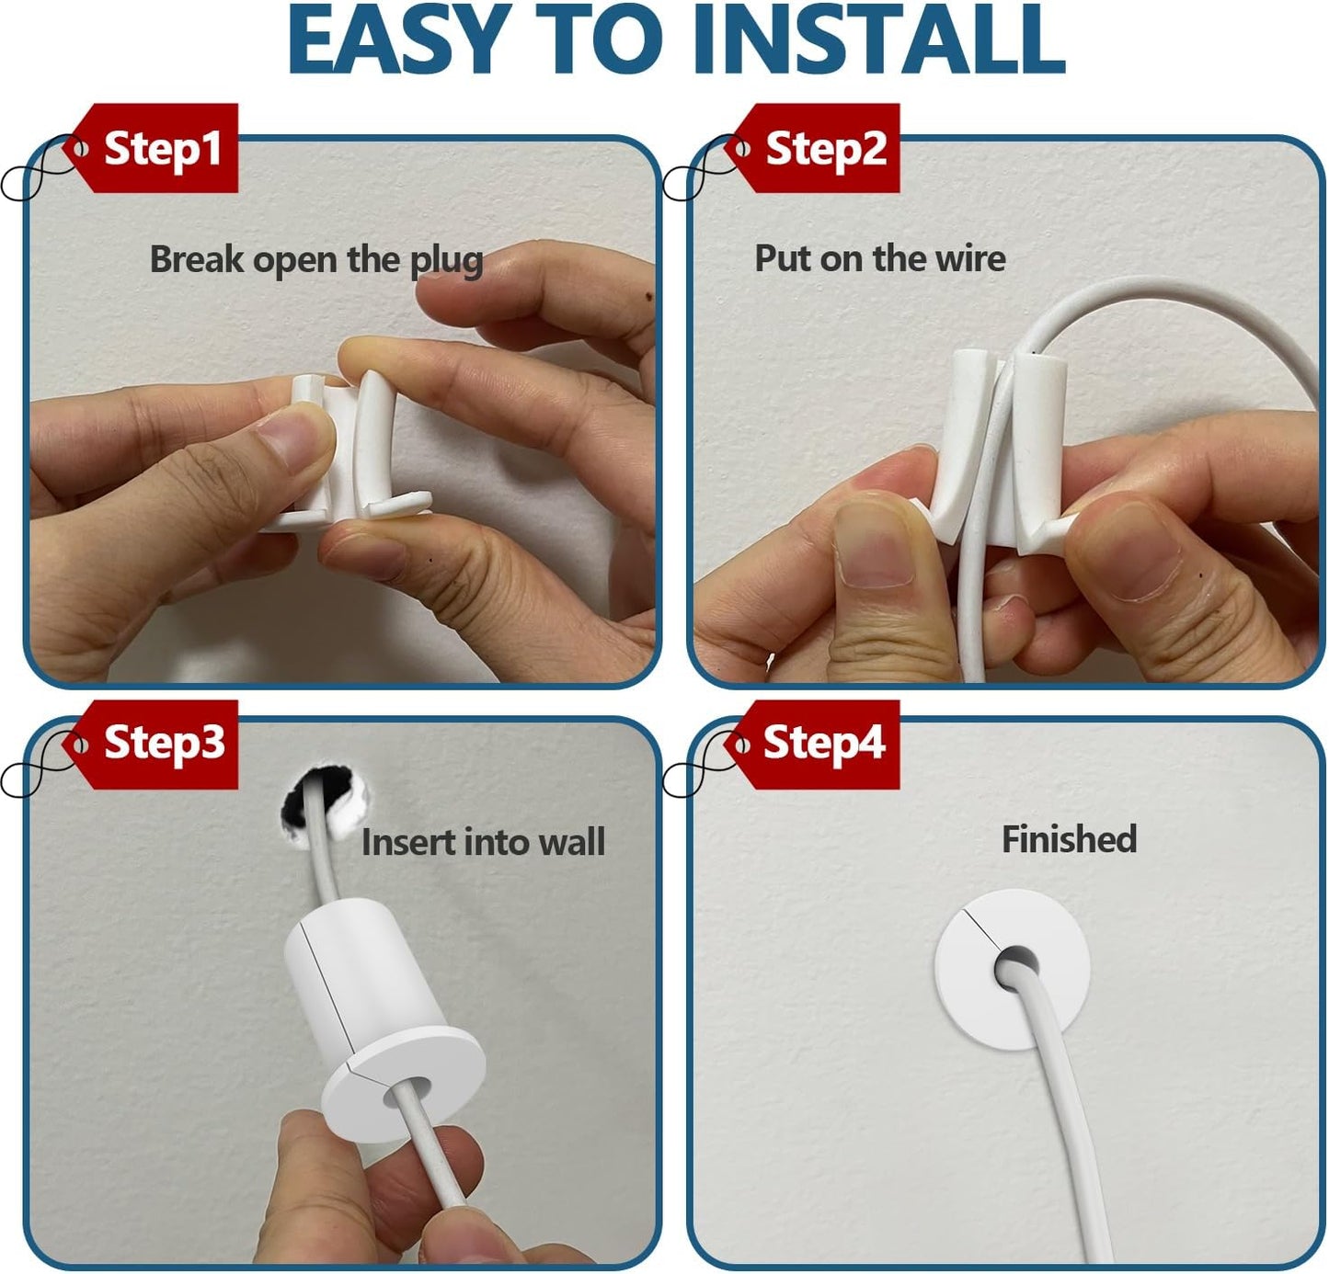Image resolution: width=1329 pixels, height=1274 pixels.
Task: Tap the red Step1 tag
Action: click(x=161, y=148)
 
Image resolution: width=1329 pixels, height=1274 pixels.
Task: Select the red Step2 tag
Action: click(x=823, y=148)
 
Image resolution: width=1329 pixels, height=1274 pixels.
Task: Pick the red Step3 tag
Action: click(x=161, y=743)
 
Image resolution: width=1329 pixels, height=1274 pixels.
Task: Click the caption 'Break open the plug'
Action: click(x=316, y=260)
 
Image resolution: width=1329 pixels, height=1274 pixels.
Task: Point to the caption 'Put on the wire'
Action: click(x=879, y=258)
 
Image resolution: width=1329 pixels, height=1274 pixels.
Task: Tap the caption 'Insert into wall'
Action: click(x=483, y=842)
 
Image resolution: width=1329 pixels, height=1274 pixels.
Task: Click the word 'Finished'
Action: click(x=1069, y=839)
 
